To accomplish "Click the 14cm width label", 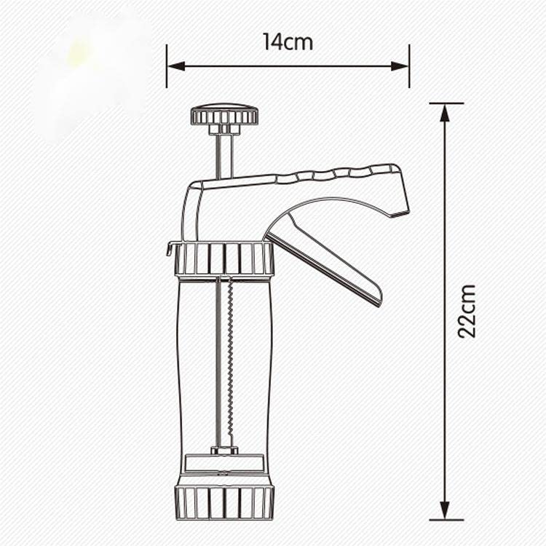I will (288, 42).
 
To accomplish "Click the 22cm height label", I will (467, 311).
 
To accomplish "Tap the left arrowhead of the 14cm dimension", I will (175, 66).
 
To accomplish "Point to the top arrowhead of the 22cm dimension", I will (445, 112).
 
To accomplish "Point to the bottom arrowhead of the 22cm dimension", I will (445, 511).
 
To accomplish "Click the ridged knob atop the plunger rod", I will (224, 115).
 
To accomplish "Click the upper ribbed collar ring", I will (224, 258).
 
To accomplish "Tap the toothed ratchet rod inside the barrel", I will (230, 364).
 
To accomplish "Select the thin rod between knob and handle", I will (224, 155).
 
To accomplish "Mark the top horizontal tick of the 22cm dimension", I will (446, 103).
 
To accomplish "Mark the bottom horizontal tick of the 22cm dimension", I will (446, 520).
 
